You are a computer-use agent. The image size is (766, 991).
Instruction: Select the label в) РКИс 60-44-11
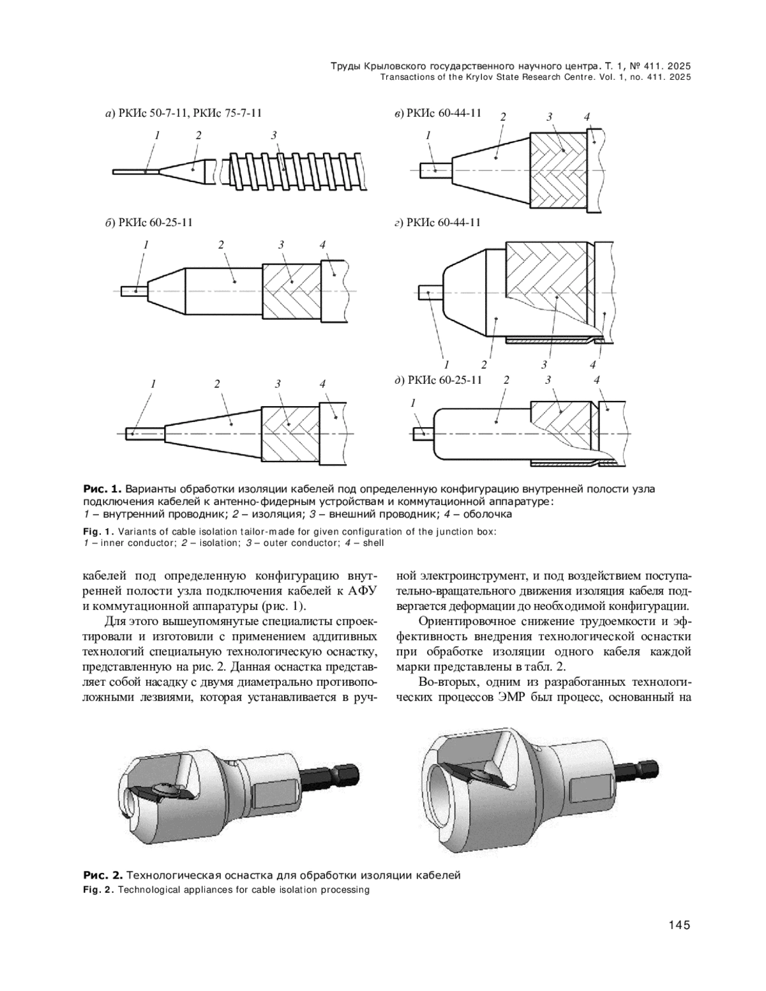(x=437, y=114)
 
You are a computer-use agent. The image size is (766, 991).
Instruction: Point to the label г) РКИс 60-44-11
(x=437, y=222)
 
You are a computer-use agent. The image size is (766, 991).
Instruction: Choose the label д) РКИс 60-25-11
(x=439, y=381)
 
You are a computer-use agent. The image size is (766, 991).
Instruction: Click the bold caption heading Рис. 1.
(x=99, y=490)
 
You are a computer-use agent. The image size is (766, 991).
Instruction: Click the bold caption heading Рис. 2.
(x=99, y=875)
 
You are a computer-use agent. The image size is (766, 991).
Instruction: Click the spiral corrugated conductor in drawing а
(x=294, y=171)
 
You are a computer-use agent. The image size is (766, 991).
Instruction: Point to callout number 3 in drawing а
(x=273, y=135)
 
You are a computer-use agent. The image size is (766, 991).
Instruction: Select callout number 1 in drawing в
(x=428, y=135)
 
